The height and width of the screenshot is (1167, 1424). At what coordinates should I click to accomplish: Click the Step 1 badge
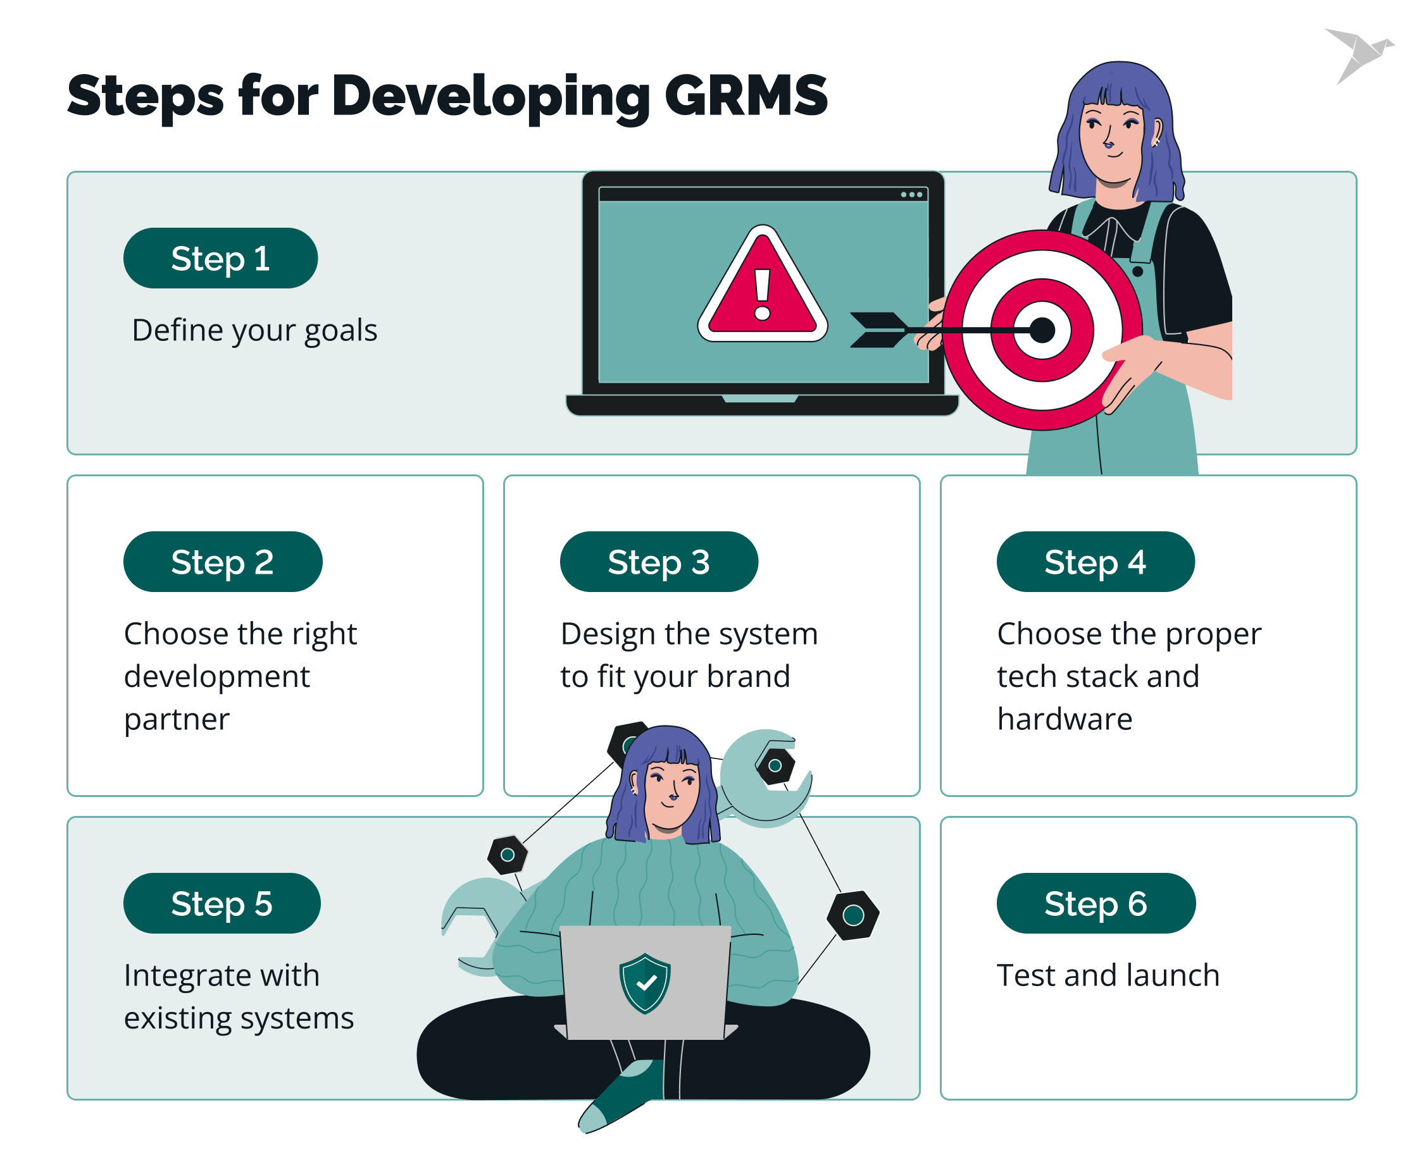click(220, 258)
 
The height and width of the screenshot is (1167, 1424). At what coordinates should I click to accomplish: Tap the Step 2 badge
click(222, 561)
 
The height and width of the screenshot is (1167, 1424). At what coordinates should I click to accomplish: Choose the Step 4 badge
click(1094, 561)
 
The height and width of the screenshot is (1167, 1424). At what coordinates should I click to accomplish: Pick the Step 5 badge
click(222, 903)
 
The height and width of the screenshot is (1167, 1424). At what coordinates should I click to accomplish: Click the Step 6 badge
click(1095, 903)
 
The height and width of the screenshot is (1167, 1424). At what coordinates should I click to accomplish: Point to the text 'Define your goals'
click(254, 330)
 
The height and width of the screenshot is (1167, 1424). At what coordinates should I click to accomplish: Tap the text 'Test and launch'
click(1108, 975)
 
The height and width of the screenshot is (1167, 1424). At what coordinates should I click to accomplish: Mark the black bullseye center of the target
click(1041, 330)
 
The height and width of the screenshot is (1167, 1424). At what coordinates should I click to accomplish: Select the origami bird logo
click(1359, 54)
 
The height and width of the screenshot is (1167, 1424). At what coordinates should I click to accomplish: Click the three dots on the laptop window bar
click(911, 195)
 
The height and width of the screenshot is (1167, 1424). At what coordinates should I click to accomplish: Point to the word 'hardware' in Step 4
click(1064, 719)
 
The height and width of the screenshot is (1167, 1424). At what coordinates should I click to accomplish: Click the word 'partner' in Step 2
click(177, 719)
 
